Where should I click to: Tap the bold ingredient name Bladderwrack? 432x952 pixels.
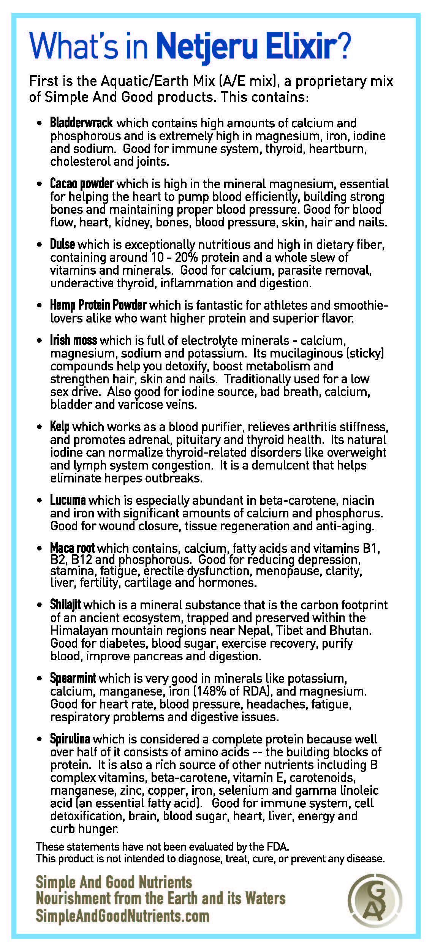pyautogui.click(x=81, y=123)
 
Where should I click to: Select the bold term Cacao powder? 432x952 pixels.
pyautogui.click(x=82, y=183)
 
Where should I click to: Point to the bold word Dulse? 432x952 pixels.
pyautogui.click(x=62, y=244)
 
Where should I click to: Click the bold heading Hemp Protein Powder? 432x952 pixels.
pyautogui.click(x=98, y=305)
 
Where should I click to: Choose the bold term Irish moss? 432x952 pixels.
pyautogui.click(x=73, y=340)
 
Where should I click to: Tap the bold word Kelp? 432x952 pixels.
pyautogui.click(x=60, y=427)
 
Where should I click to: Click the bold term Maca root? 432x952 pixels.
pyautogui.click(x=72, y=548)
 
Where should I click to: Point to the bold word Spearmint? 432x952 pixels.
pyautogui.click(x=73, y=678)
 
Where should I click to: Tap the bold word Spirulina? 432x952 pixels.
pyautogui.click(x=70, y=739)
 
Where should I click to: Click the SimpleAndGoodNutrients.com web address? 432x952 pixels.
pyautogui.click(x=122, y=916)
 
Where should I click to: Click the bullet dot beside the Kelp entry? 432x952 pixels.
pyautogui.click(x=40, y=427)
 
